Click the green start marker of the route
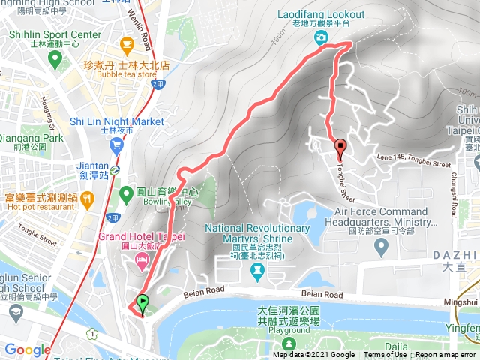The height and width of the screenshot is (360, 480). tap(142, 303)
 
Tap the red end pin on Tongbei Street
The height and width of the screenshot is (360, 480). tap(340, 147)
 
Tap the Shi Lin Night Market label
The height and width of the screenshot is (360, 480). tap(115, 121)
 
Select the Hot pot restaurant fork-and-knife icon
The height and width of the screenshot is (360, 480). tap(86, 198)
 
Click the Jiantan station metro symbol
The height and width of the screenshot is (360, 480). tap(115, 169)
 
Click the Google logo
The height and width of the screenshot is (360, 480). tap(27, 349)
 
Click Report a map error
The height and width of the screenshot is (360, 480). tap(445, 355)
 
